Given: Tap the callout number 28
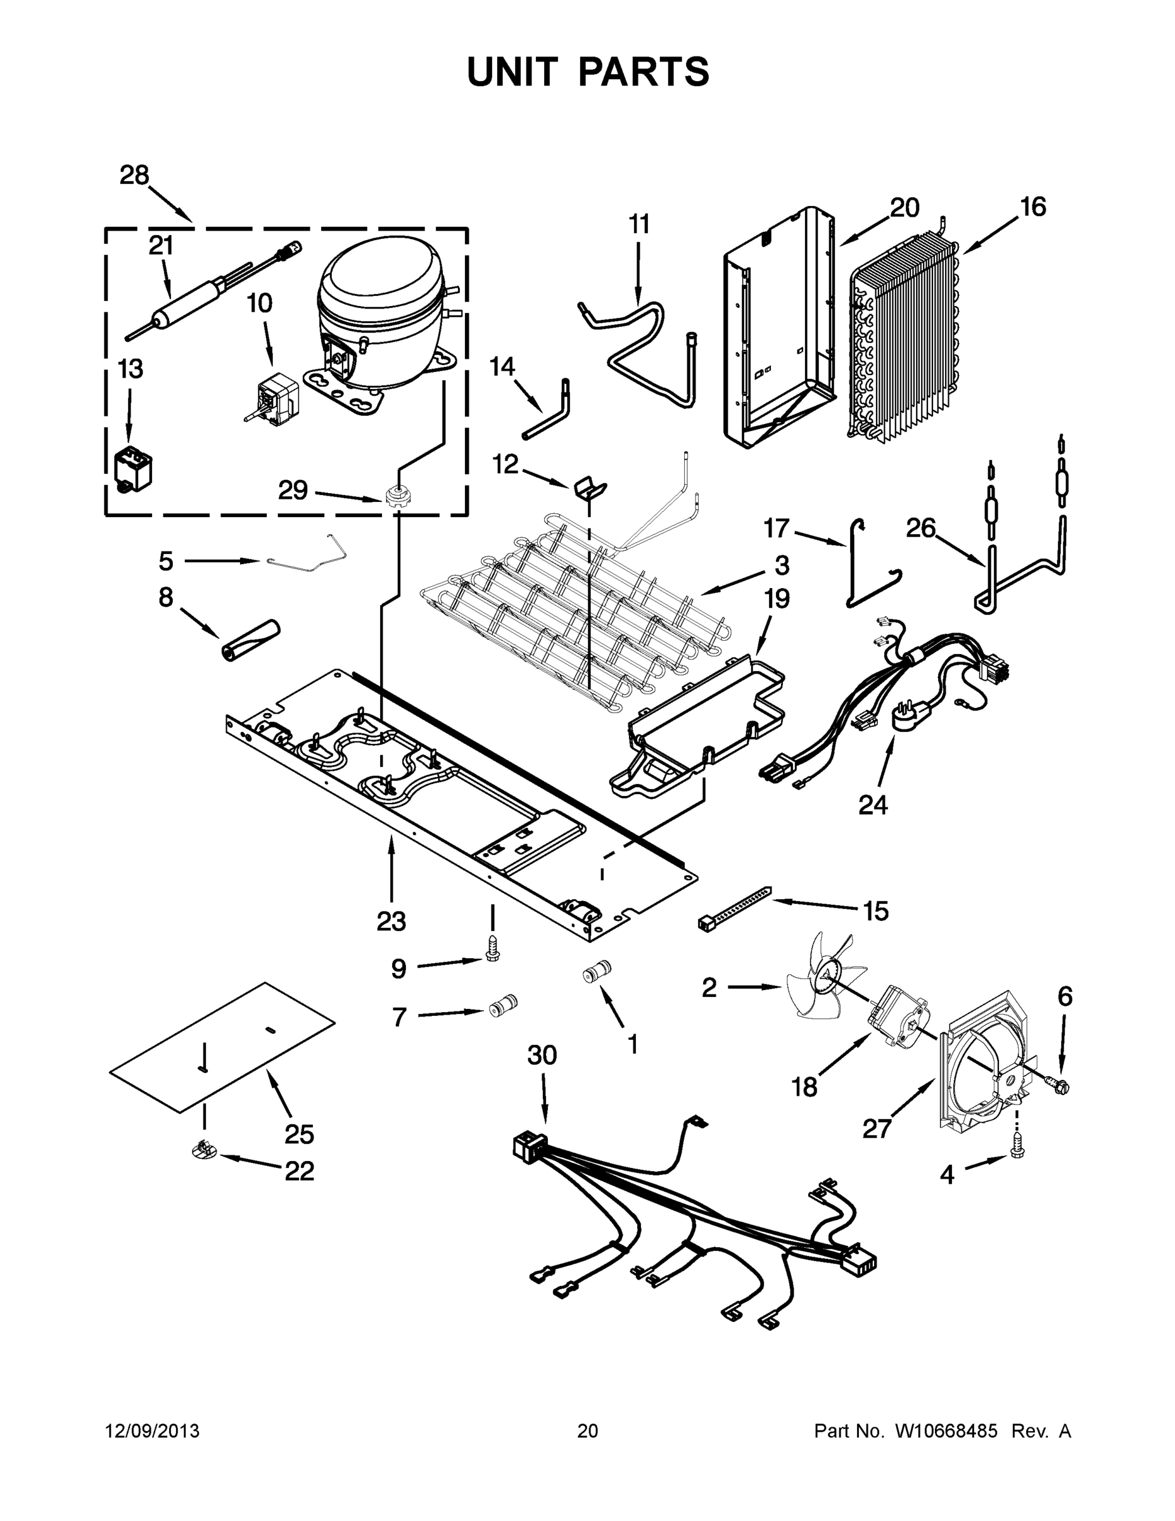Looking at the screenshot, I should [134, 176].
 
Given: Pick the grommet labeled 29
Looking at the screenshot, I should [395, 497].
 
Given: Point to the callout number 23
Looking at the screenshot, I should [391, 921].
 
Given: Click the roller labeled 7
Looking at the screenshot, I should [501, 1007].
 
